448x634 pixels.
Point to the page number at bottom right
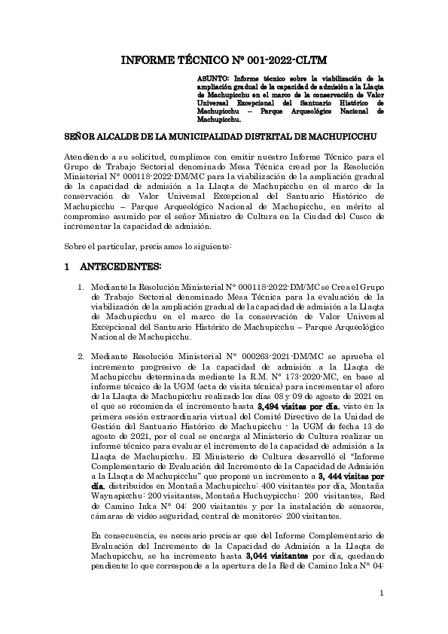pyautogui.click(x=382, y=594)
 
